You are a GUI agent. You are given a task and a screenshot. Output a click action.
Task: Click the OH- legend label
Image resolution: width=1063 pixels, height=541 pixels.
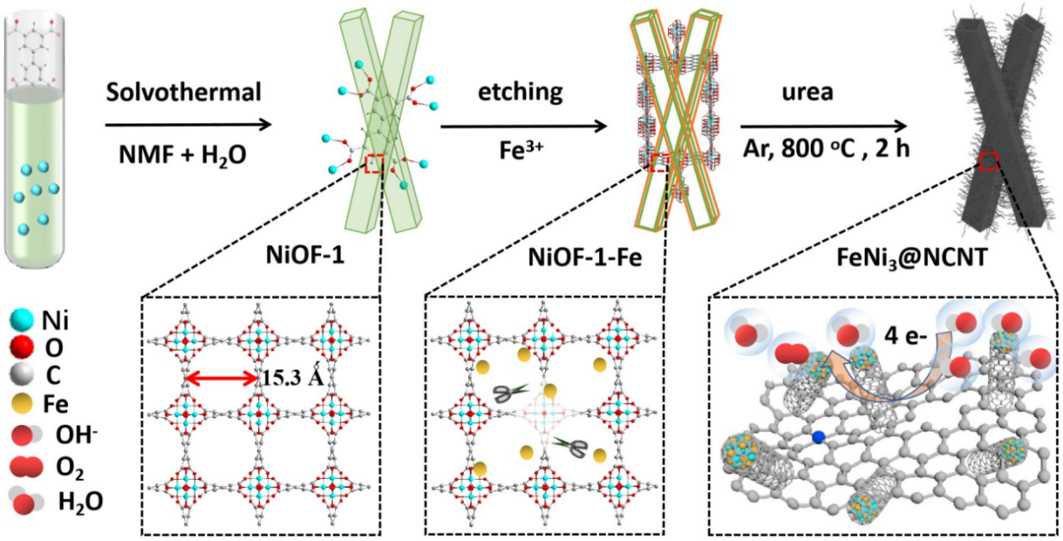[x=79, y=435]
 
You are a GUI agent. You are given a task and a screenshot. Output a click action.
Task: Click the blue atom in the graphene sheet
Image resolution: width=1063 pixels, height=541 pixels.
[x=818, y=437]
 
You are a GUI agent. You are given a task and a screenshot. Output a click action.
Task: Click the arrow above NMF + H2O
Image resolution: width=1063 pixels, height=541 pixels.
[x=188, y=126]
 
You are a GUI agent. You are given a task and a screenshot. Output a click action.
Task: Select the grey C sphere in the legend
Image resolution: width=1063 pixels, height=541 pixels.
[x=24, y=375]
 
